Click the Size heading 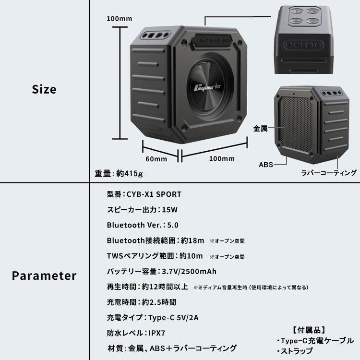(44, 89)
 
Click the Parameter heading (44, 276)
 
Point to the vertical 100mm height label (119, 19)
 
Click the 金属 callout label (261, 129)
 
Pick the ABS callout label (265, 164)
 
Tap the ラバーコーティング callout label (328, 173)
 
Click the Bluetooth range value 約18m (192, 240)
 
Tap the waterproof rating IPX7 (155, 333)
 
